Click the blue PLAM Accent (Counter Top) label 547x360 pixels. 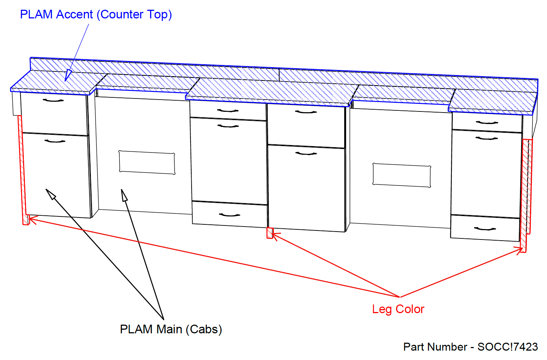(96, 14)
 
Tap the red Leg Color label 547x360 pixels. (398, 309)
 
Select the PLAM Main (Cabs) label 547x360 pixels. (171, 329)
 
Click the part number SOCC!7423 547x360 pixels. (507, 347)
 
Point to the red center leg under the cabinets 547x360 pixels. (269, 233)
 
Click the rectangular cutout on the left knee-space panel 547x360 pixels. (147, 163)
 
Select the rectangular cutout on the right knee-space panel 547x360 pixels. (402, 175)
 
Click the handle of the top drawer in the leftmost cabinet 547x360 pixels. (53, 100)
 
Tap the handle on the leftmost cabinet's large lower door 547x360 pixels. (55, 141)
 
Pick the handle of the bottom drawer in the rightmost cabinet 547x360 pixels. (485, 229)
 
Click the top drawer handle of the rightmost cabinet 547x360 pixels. (487, 123)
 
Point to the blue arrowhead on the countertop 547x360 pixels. (67, 75)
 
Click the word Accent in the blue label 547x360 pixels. (75, 14)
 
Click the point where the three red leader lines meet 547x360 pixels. (400, 297)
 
